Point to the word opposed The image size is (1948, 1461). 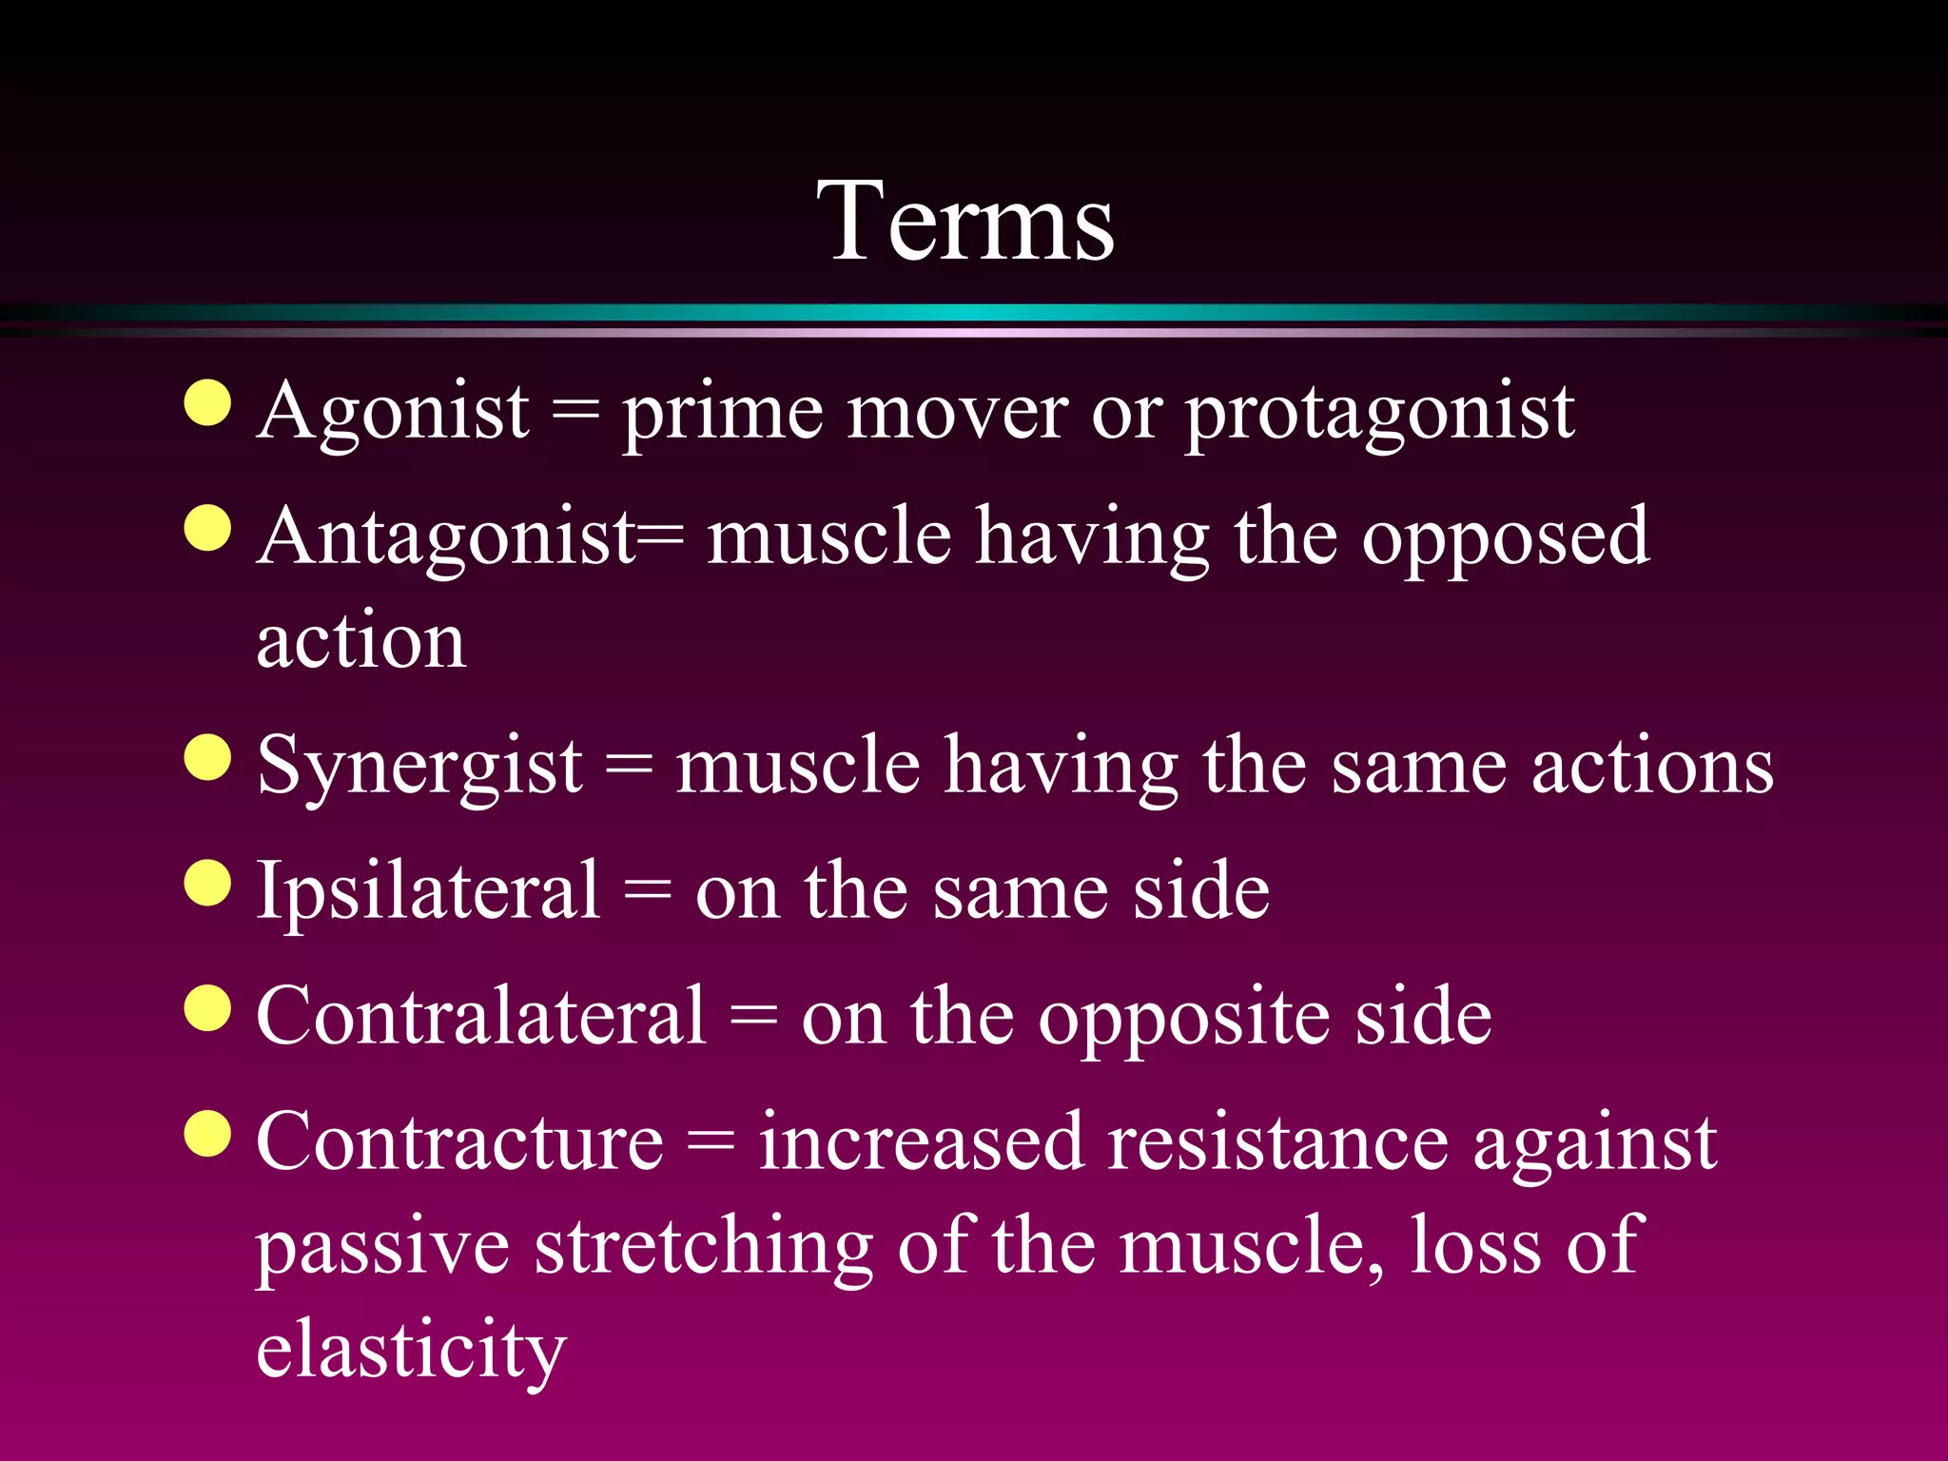click(x=1505, y=539)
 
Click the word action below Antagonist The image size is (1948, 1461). click(x=361, y=641)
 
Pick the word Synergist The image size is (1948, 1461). click(x=419, y=767)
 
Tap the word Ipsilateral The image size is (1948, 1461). click(x=429, y=891)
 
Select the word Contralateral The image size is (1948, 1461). click(x=481, y=1017)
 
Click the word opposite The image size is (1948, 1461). click(x=1183, y=1019)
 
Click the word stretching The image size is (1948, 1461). click(x=703, y=1247)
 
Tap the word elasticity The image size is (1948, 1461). click(x=411, y=1350)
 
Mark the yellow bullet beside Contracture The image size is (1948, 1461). click(x=208, y=1133)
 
